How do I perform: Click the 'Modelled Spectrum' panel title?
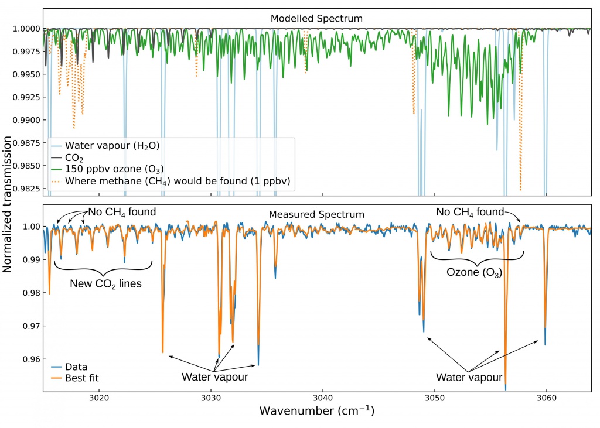point(316,19)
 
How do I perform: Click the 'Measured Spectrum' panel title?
point(316,215)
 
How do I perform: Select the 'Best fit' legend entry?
point(81,378)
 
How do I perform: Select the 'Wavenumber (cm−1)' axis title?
point(317,412)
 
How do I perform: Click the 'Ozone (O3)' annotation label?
point(474,273)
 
